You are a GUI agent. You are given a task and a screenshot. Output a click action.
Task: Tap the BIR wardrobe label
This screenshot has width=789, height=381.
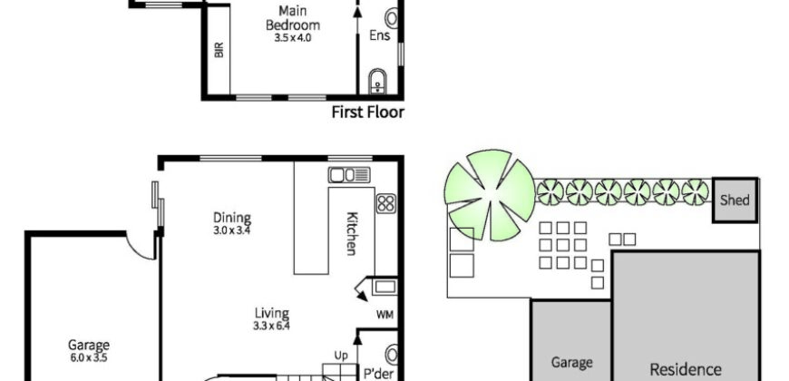click(219, 50)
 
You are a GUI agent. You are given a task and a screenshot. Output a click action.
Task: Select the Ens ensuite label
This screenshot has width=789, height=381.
click(379, 35)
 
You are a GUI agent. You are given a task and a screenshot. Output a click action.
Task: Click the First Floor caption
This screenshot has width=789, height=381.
click(368, 112)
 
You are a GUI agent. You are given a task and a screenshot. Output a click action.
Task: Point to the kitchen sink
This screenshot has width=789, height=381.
click(349, 175)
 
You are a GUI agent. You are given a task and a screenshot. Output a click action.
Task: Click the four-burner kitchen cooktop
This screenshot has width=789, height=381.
click(386, 204)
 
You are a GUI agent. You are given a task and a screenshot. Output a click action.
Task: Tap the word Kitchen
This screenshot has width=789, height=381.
click(352, 233)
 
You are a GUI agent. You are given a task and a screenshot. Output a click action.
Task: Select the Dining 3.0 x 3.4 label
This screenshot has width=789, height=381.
click(232, 224)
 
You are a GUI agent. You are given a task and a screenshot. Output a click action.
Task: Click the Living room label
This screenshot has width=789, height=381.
click(271, 319)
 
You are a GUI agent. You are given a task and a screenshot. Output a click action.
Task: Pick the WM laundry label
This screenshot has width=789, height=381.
click(385, 315)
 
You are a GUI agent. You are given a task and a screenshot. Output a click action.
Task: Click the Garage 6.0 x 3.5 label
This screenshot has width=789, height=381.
click(89, 351)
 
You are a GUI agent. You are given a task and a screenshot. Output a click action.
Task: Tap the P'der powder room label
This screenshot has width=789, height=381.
click(378, 373)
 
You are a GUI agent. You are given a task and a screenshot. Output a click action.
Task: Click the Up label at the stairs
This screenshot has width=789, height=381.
click(341, 356)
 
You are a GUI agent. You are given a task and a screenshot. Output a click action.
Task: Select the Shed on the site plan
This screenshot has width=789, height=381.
click(735, 200)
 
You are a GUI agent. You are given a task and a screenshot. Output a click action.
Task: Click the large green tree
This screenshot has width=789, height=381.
click(490, 195)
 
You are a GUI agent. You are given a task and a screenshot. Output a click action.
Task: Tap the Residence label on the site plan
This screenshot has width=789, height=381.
click(686, 370)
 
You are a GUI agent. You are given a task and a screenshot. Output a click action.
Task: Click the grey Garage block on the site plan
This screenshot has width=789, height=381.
click(571, 340)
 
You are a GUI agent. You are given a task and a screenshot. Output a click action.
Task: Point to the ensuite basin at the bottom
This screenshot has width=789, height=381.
click(377, 82)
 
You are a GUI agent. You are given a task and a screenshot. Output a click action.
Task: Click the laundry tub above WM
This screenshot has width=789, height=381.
click(385, 287)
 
